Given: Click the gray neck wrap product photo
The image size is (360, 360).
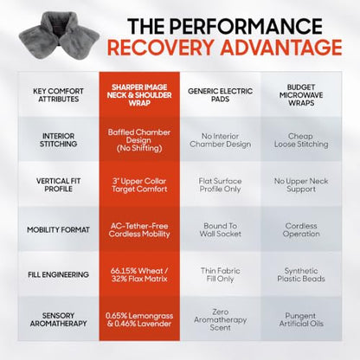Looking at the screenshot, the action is [x=59, y=35].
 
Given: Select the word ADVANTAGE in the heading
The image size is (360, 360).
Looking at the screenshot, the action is [x=281, y=48].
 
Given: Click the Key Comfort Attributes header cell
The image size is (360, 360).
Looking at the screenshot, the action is [x=59, y=95].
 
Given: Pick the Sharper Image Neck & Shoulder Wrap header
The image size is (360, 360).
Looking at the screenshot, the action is [x=139, y=95].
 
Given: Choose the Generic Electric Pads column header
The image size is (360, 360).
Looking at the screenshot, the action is [x=221, y=95].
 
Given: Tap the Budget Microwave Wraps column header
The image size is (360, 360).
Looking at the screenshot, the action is [x=301, y=95].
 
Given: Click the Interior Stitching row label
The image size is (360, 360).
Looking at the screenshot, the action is [x=59, y=140].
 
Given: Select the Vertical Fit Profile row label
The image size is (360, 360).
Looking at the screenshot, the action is [x=59, y=185].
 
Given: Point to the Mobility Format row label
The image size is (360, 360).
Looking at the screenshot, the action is [x=59, y=230].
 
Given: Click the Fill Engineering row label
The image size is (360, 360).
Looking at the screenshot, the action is [x=59, y=274].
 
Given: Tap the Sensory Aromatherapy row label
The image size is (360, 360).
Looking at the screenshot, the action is [x=59, y=319].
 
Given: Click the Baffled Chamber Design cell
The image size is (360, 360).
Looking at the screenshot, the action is [x=139, y=140].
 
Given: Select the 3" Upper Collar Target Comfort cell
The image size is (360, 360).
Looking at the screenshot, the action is [x=139, y=185].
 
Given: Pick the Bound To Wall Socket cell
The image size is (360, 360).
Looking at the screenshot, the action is [x=221, y=230].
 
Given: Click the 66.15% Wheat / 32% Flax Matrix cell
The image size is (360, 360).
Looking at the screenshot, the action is [x=139, y=275].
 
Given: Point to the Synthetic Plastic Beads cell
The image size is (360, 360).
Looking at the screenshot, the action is [x=301, y=275].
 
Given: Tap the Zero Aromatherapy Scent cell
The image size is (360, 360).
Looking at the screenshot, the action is [x=221, y=319].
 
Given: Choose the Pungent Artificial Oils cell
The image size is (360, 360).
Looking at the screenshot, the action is [x=301, y=319].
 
